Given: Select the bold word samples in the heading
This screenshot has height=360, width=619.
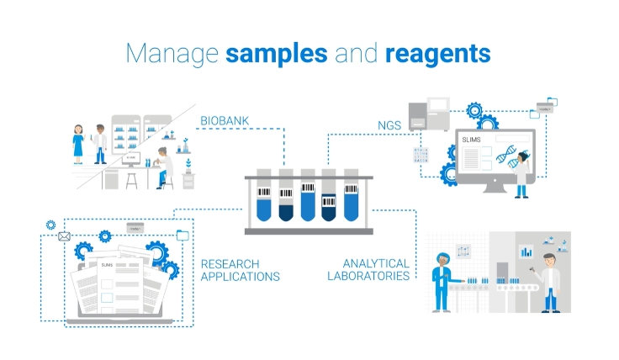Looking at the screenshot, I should pos(277,54).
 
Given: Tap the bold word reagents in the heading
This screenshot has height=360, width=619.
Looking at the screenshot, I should pos(437,54).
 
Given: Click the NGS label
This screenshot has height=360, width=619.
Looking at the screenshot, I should pos(389,125).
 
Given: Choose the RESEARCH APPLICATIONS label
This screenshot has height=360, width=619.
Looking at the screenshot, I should pos(240,270).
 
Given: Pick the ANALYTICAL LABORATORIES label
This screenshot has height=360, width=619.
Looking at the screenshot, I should pos(376,269).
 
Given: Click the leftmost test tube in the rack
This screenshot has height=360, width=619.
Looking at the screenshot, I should pos(263,195).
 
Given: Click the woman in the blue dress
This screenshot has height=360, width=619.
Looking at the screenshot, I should pos(78,144).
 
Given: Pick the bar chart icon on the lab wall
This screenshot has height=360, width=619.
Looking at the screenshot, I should pos(527,250).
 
